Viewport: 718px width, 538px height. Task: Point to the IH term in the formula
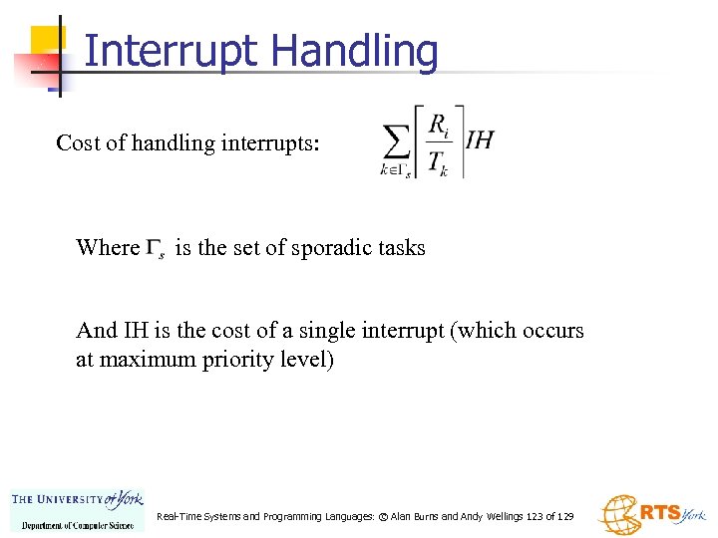(x=480, y=139)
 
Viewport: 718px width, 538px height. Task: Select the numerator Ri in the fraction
(x=438, y=125)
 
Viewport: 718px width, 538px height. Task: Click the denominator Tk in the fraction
(x=438, y=163)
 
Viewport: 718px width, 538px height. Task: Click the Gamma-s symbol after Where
(x=157, y=248)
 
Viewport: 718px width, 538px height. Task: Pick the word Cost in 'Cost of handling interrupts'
(x=78, y=142)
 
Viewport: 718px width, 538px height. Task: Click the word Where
(x=108, y=248)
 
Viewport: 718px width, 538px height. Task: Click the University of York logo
(x=78, y=510)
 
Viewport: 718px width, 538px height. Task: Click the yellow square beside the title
(x=47, y=42)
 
